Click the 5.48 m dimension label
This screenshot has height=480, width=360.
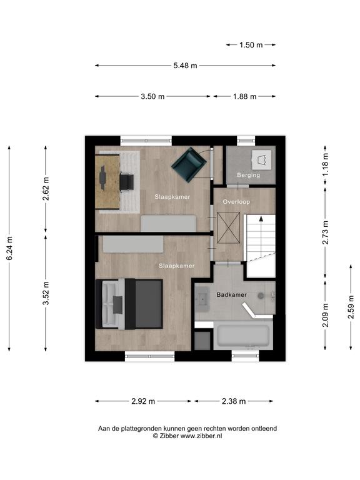click(185, 66)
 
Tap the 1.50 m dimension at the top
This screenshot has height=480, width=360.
click(251, 45)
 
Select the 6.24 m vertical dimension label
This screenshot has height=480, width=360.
click(9, 248)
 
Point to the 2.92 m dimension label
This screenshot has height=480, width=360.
click(143, 401)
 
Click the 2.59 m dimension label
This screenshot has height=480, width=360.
click(351, 307)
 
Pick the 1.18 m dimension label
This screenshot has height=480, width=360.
click(325, 164)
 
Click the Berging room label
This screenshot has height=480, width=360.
click(249, 175)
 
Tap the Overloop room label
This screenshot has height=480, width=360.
click(236, 202)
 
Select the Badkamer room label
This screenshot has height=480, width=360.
click(232, 295)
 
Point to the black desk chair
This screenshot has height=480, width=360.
click(126, 182)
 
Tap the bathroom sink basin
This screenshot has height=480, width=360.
click(202, 299)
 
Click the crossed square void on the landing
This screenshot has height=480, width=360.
click(228, 227)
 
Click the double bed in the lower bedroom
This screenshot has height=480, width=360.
click(129, 304)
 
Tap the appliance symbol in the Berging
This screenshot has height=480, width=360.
click(261, 159)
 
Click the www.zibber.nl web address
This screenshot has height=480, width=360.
click(201, 436)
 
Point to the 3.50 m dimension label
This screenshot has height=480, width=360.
click(152, 96)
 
